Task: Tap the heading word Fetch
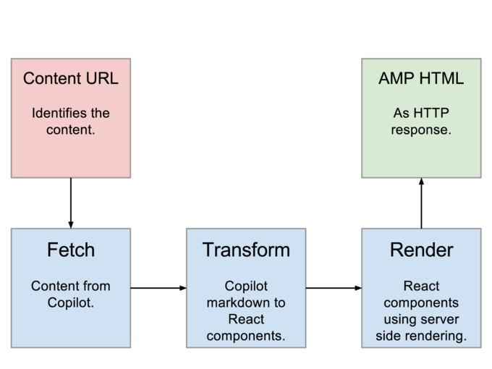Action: point(71,250)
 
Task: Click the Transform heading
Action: point(246,250)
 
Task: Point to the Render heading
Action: point(421,250)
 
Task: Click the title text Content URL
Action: point(71,78)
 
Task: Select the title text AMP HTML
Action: point(420,78)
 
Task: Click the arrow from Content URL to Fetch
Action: point(71,203)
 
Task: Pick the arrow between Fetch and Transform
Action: point(158,288)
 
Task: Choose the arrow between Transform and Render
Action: point(334,288)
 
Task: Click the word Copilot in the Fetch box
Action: point(71,302)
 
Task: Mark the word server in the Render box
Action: point(444,319)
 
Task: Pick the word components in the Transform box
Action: point(246,336)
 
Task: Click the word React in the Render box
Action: point(421,286)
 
